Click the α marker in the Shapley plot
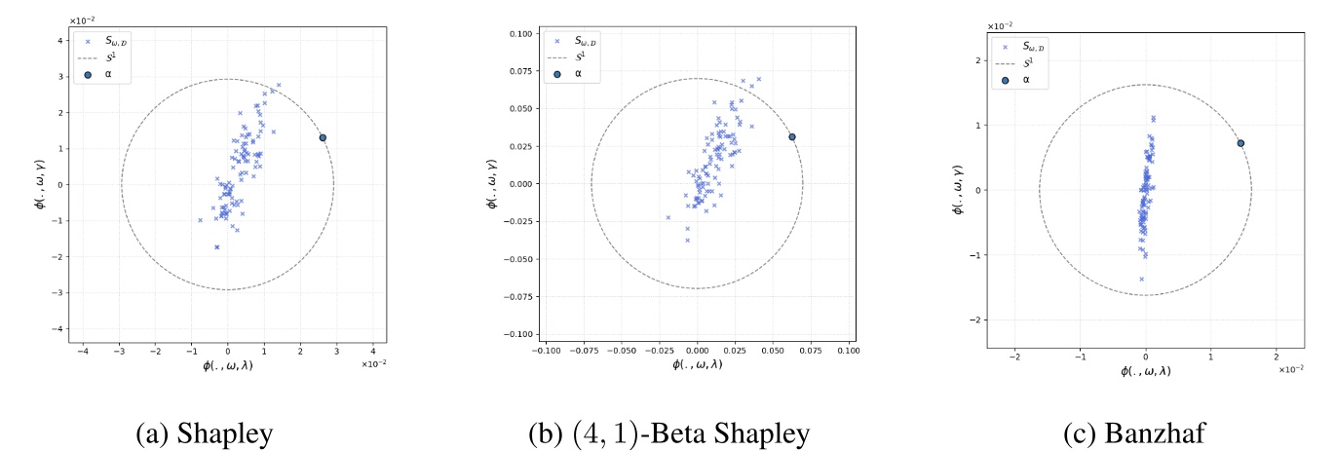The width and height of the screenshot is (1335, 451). click(x=322, y=137)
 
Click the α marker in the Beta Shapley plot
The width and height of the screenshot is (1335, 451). click(x=792, y=137)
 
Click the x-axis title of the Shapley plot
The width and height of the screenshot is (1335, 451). click(x=227, y=365)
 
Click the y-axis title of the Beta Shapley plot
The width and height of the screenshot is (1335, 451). click(x=492, y=183)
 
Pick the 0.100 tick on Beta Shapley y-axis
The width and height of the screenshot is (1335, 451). click(x=519, y=34)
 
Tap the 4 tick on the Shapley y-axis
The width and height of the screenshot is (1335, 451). click(x=59, y=41)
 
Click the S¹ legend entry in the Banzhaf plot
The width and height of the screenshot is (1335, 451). click(x=1026, y=62)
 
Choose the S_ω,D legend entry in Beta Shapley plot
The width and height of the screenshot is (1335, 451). click(x=578, y=41)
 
